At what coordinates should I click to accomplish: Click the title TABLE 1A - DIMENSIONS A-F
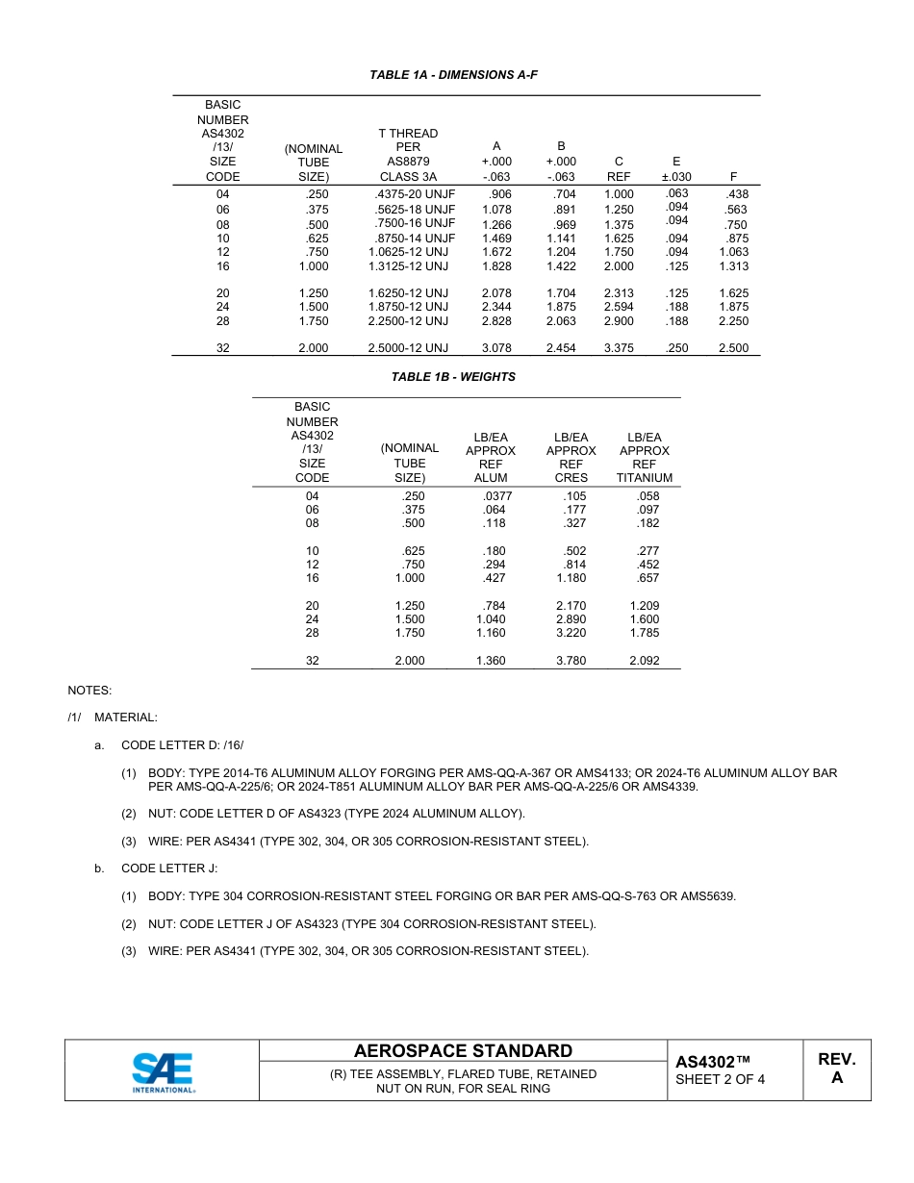tap(453, 75)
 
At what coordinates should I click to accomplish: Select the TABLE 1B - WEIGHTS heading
tap(453, 377)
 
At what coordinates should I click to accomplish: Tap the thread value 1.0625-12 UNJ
tap(408, 252)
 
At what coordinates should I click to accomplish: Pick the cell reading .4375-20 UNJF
tap(413, 194)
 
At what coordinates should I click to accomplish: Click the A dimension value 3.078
tap(495, 348)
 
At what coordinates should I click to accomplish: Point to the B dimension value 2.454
tap(561, 348)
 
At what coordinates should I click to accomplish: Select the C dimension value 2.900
tap(619, 321)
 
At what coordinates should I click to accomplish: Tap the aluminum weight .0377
tap(496, 496)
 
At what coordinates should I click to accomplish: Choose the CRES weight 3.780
tap(571, 661)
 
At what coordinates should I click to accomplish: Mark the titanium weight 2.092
tap(645, 661)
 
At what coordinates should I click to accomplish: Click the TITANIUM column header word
tap(645, 478)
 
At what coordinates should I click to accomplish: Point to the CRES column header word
tap(571, 478)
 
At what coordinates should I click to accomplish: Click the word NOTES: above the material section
tap(89, 691)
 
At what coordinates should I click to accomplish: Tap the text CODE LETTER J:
tap(169, 868)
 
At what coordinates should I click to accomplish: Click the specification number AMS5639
tap(708, 896)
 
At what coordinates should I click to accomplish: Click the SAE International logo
tap(163, 1070)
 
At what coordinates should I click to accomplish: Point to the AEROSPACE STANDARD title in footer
tap(463, 1051)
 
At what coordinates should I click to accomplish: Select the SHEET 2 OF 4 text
tap(721, 1079)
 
